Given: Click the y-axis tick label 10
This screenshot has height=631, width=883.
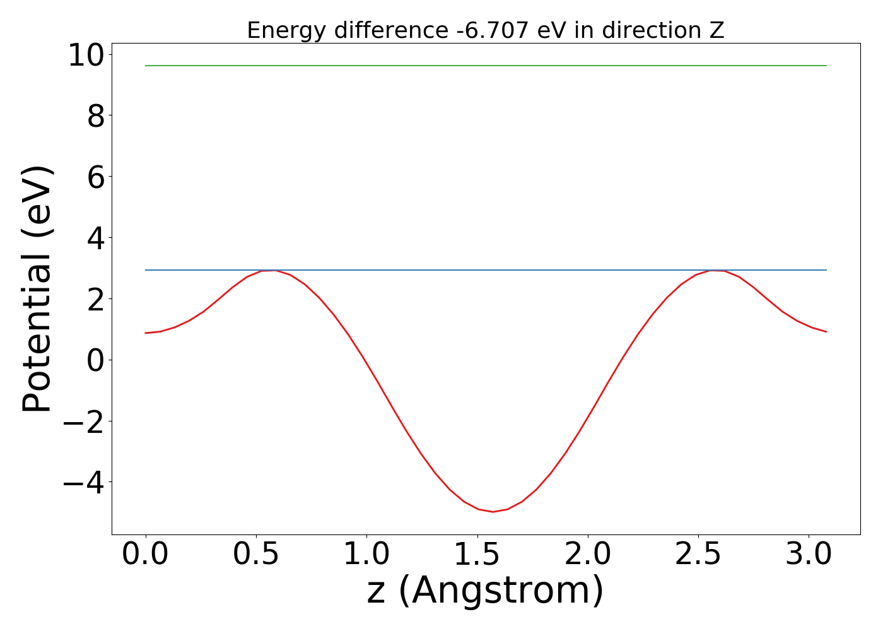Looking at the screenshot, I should pyautogui.click(x=86, y=56).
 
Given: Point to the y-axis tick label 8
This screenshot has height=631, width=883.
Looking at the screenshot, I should pyautogui.click(x=96, y=117).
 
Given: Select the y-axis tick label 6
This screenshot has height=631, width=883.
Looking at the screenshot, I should pyautogui.click(x=96, y=177).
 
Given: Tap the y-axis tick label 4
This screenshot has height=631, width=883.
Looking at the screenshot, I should pyautogui.click(x=96, y=239).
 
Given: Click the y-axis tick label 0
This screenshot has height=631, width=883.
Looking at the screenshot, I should pyautogui.click(x=96, y=361).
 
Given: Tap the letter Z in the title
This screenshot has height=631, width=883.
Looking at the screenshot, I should pyautogui.click(x=718, y=30).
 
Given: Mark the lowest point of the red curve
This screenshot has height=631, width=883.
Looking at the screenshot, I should pyautogui.click(x=493, y=512).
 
